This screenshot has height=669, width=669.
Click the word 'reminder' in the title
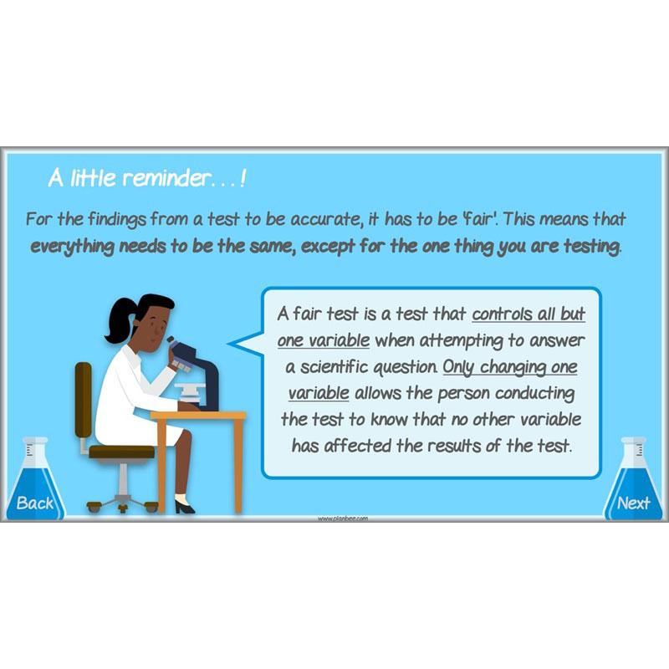click(166, 178)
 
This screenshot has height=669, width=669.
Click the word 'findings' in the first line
click(117, 220)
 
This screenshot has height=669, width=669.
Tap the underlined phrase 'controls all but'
click(529, 314)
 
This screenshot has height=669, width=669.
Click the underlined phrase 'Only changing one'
click(510, 367)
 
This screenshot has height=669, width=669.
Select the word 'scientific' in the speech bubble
click(334, 367)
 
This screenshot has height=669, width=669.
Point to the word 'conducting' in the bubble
click(534, 394)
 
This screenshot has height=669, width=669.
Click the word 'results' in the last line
click(454, 446)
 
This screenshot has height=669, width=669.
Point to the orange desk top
click(198, 415)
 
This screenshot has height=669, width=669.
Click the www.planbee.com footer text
click(343, 518)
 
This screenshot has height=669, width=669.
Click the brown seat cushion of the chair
click(121, 452)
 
